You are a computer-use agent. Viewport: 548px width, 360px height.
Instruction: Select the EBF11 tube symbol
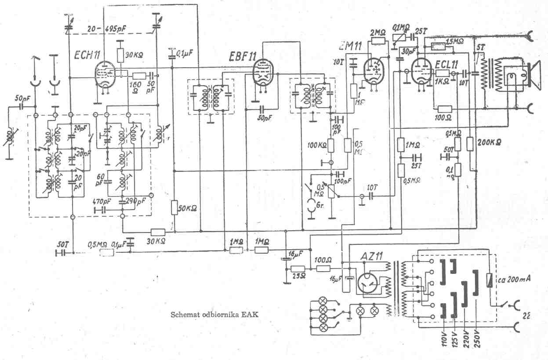[x=263, y=72]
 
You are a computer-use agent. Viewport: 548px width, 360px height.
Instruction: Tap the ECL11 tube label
[x=449, y=63]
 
